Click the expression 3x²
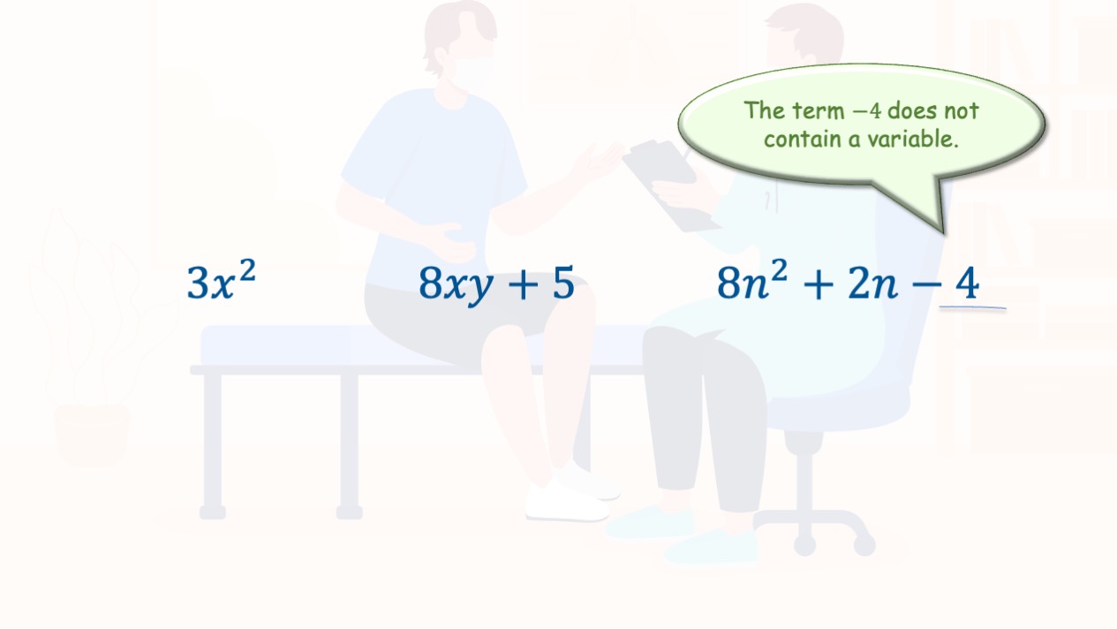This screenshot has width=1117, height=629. click(221, 280)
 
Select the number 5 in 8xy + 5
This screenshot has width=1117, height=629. click(563, 283)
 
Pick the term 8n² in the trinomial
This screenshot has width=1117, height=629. click(752, 280)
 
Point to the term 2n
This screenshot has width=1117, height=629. click(872, 284)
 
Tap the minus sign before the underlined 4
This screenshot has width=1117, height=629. click(926, 285)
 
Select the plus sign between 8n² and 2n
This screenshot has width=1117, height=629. click(819, 284)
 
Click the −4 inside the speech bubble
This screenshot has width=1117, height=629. click(868, 111)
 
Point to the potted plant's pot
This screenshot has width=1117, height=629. click(92, 435)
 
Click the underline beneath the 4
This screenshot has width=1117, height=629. click(972, 307)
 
